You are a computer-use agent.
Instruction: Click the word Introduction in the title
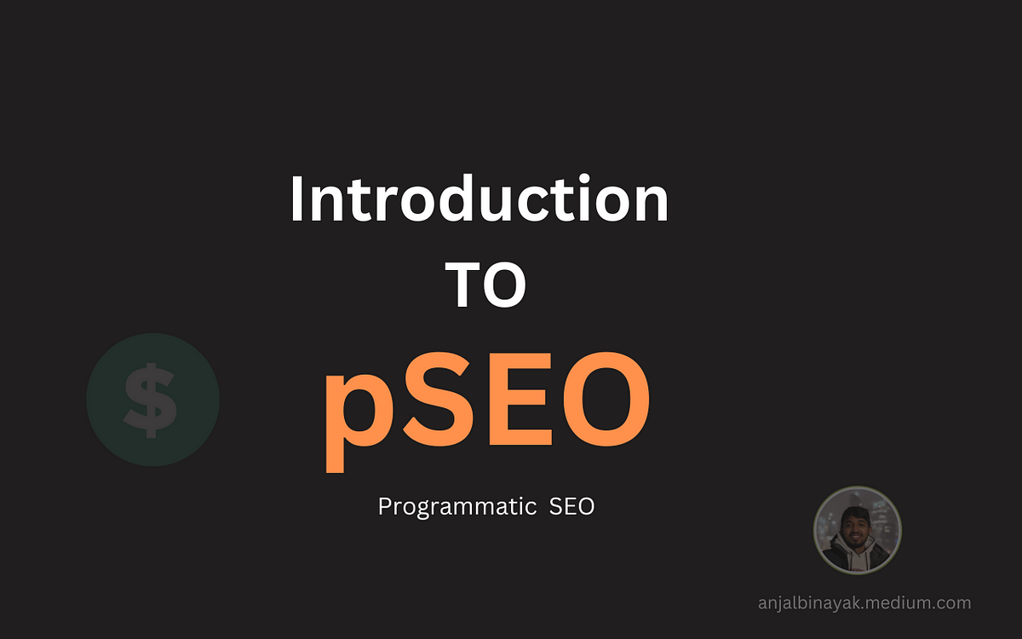coord(479,199)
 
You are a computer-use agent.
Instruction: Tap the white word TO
coord(485,285)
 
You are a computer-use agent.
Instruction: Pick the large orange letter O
coord(606,400)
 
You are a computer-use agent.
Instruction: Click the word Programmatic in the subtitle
coord(457,507)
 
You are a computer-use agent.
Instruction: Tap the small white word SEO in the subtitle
coord(571,506)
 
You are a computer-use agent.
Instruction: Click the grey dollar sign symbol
coord(150,400)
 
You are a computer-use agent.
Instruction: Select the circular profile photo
coord(858,530)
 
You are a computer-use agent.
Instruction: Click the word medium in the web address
coord(895,603)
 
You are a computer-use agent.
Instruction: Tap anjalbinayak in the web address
coord(809,603)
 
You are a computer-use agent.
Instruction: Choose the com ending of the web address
coord(951,604)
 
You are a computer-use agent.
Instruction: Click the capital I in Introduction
coord(297,199)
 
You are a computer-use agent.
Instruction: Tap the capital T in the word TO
coord(462,285)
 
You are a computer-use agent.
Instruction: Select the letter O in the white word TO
coord(505,285)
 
